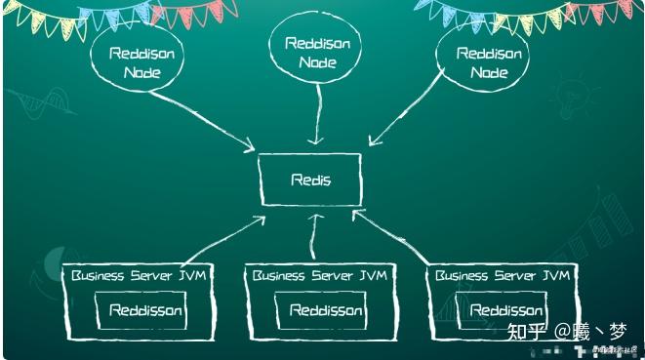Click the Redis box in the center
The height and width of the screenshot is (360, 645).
pyautogui.click(x=310, y=180)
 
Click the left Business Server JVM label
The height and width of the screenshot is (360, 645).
pyautogui.click(x=136, y=276)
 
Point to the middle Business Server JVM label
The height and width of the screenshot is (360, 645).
pyautogui.click(x=319, y=276)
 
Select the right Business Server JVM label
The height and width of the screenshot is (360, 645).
pyautogui.click(x=502, y=276)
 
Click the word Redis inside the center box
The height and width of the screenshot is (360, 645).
pyautogui.click(x=310, y=180)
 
